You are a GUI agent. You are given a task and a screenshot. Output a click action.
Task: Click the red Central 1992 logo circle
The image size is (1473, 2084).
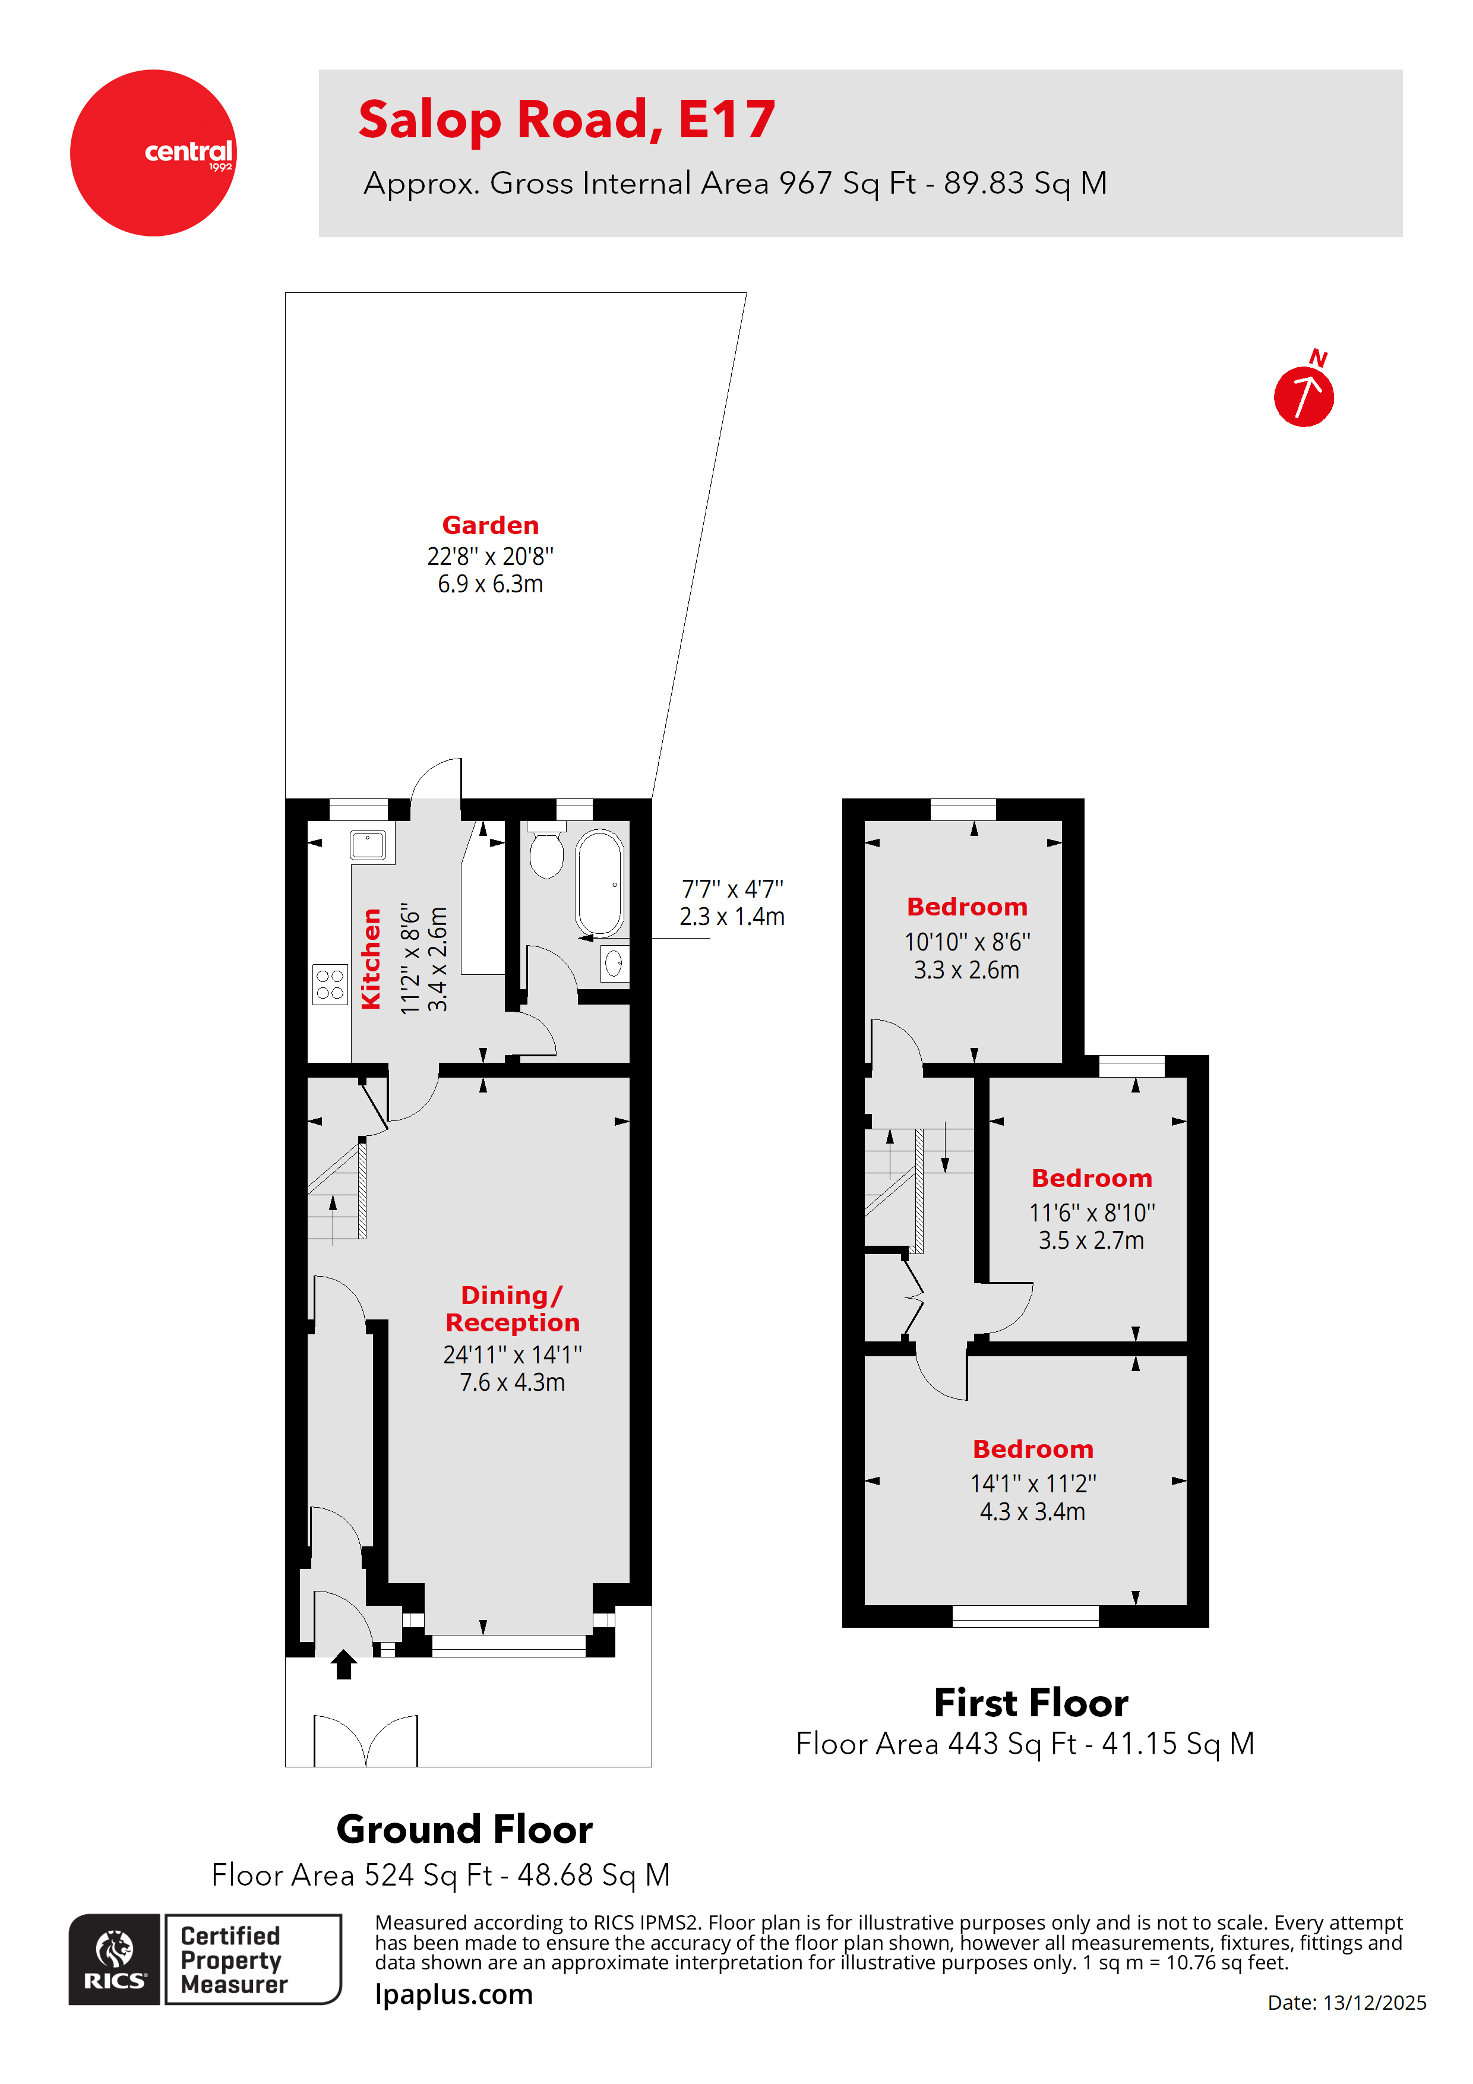point(153,153)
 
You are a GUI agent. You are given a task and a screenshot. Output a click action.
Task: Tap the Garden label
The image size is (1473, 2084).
point(490,526)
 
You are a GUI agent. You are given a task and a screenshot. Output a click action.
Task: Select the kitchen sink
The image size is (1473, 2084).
point(368,844)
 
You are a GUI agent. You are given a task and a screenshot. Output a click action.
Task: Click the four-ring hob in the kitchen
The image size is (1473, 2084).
point(330,984)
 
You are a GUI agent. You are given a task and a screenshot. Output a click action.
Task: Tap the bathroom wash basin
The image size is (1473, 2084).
point(614,963)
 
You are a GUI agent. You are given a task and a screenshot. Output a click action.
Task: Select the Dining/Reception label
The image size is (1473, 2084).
point(512,1308)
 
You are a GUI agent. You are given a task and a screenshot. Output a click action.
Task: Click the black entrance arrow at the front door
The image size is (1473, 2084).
point(343,1664)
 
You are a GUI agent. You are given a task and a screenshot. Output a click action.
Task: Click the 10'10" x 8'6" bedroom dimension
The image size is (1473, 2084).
point(966,942)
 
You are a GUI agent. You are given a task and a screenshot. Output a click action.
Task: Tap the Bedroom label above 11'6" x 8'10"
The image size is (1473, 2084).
point(1091,1178)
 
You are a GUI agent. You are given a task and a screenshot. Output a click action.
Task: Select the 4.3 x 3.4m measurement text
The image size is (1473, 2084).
point(1032,1512)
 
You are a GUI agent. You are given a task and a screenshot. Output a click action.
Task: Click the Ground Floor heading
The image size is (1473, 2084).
point(464,1829)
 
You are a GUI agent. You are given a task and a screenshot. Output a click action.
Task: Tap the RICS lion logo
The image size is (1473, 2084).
point(115,1959)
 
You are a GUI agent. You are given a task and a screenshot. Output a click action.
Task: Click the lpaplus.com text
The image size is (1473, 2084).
point(454,1995)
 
